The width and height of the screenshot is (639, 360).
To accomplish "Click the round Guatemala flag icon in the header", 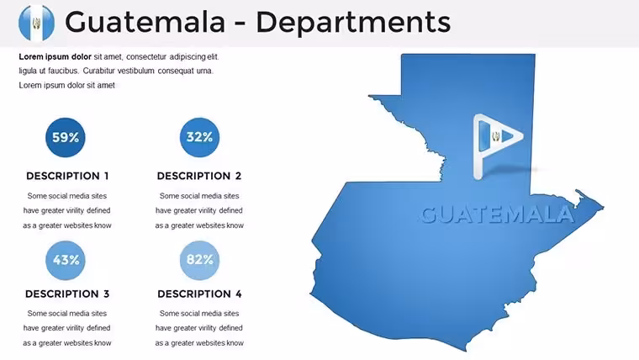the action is (37, 23).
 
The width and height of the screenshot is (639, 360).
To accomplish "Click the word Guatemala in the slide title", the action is (145, 22).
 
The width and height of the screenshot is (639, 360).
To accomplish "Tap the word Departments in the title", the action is (353, 23).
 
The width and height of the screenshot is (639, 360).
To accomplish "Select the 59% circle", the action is (66, 137).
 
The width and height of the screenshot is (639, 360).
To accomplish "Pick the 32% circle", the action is (199, 137).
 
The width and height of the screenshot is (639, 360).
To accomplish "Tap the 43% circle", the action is (66, 260).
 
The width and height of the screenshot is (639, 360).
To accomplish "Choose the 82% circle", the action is (199, 260).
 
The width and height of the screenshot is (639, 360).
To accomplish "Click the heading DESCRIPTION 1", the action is (67, 176).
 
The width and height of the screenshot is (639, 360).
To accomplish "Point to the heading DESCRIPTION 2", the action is (199, 176).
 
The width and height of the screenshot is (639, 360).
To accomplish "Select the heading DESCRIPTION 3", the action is (67, 294).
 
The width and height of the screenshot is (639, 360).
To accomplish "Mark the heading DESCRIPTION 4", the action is (199, 294).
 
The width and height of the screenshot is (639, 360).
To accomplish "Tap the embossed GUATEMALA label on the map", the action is (497, 214).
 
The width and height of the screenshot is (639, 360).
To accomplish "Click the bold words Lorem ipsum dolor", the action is (55, 56).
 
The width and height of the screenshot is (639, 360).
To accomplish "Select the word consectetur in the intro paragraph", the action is (146, 56).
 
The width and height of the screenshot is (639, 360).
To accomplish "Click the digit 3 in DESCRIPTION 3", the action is (107, 294).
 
